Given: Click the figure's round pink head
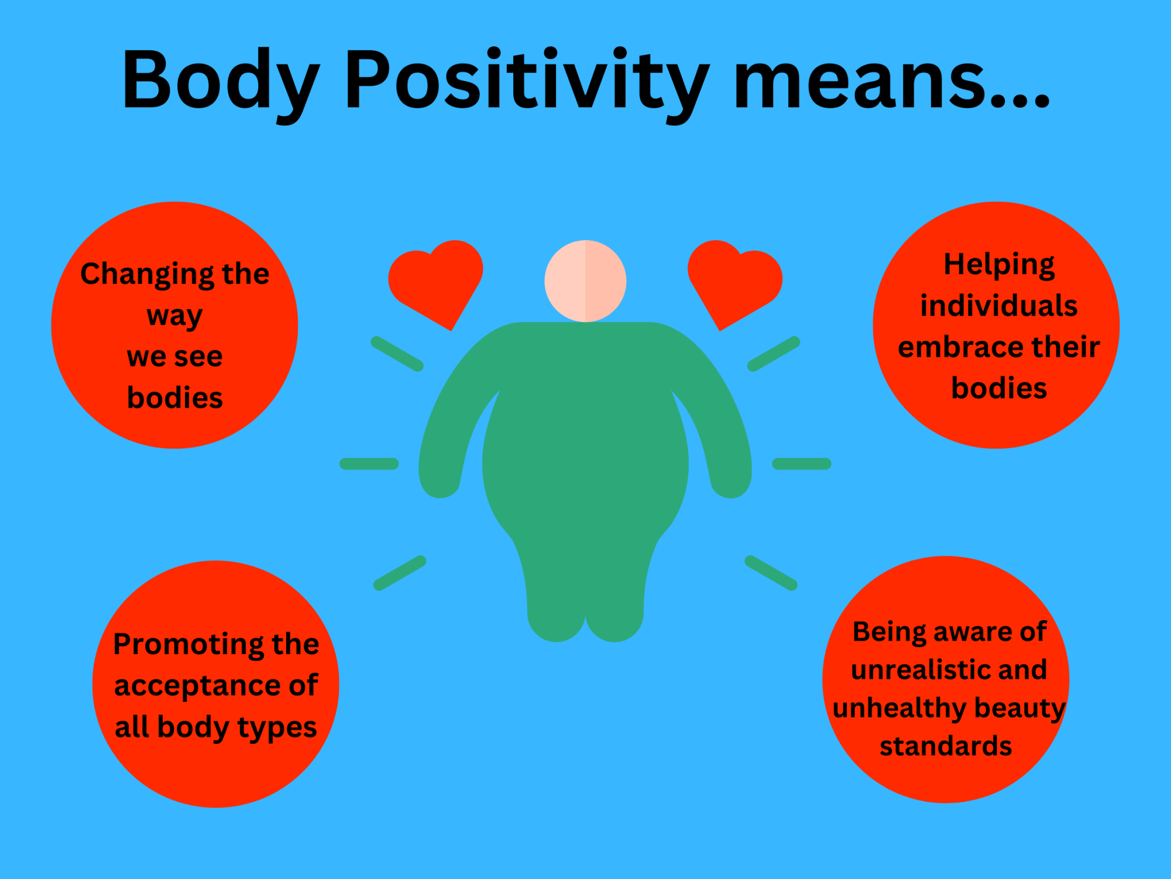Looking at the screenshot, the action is (x=585, y=281).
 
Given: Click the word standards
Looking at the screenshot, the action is (x=946, y=746).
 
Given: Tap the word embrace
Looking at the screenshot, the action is (x=960, y=347).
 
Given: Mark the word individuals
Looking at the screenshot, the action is (x=999, y=306).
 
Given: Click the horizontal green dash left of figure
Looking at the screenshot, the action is (x=369, y=464).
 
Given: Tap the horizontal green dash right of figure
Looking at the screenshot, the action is (x=802, y=464).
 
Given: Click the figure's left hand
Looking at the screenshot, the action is (x=440, y=480).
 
